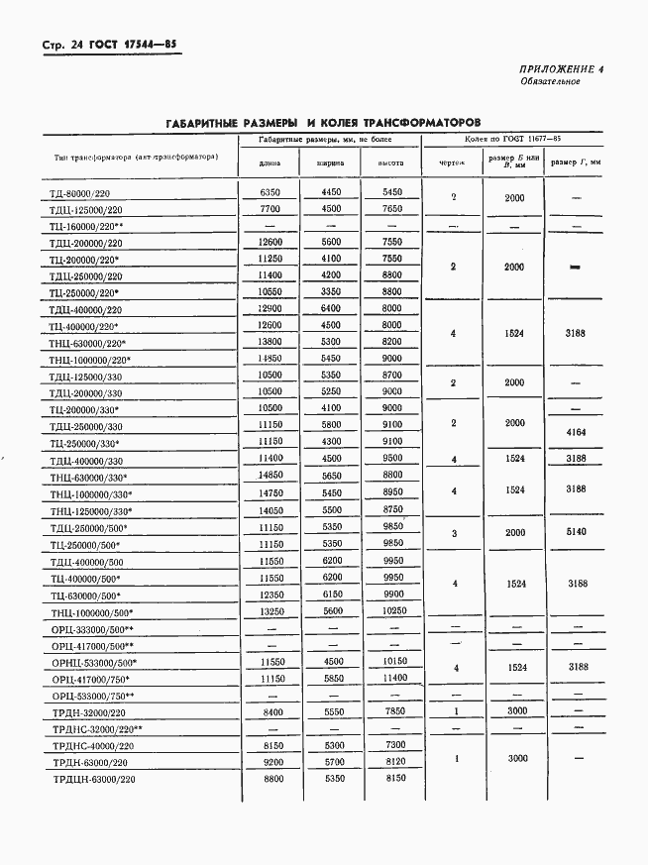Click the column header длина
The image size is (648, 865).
tap(269, 163)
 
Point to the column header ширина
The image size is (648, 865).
tap(330, 163)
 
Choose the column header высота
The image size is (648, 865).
tap(392, 163)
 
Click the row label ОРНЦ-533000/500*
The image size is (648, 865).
tap(94, 662)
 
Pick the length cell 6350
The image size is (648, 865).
tap(270, 192)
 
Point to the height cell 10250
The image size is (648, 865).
tap(392, 612)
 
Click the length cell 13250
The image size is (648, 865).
tap(270, 612)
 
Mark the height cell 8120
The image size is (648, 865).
tap(392, 762)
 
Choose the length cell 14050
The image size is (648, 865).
tap(270, 509)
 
